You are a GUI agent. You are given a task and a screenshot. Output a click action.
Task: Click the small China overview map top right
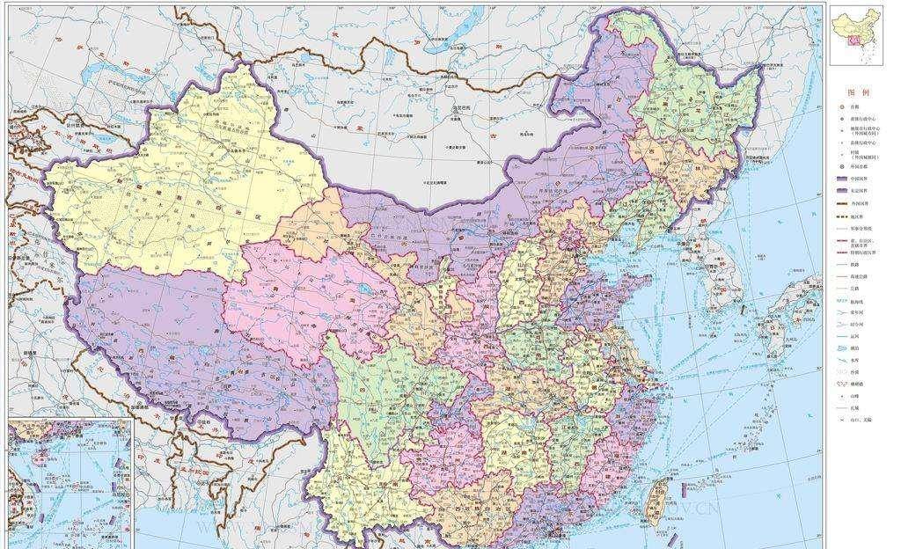pyautogui.click(x=857, y=38)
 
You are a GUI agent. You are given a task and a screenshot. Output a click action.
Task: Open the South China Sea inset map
pyautogui.click(x=69, y=484)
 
